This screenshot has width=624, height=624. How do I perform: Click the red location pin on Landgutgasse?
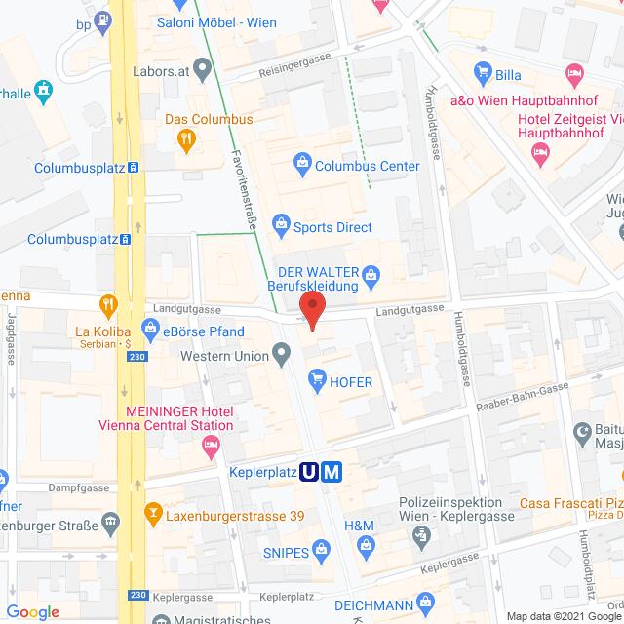(x=312, y=309)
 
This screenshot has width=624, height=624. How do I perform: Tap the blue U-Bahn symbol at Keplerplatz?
(x=310, y=473)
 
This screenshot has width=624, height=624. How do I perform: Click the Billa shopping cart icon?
(x=480, y=71)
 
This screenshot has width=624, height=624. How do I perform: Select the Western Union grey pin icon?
(x=282, y=352)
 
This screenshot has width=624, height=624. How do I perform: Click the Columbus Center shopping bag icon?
(x=302, y=162)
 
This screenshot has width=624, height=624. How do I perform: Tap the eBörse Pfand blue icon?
(x=150, y=331)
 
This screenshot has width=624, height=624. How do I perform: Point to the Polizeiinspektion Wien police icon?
(x=420, y=535)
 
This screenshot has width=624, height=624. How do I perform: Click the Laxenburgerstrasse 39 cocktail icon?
(x=153, y=510)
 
